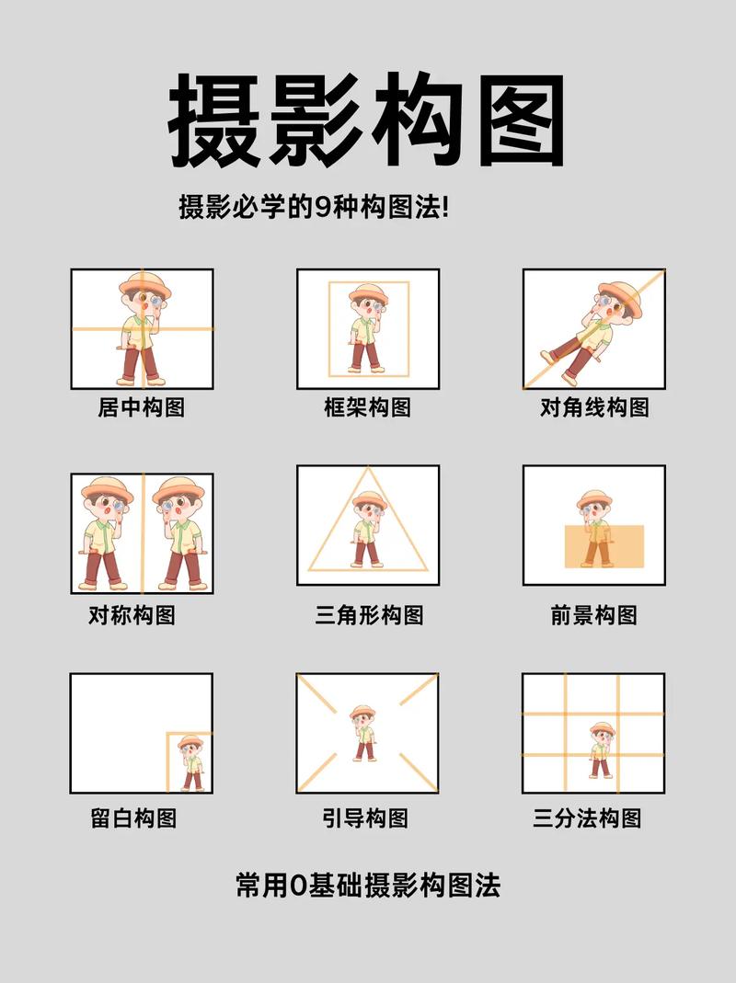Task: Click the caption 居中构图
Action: click(141, 406)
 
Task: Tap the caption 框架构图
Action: click(367, 406)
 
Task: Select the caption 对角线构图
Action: click(594, 406)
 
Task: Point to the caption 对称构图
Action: click(132, 614)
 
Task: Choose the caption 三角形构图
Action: click(369, 614)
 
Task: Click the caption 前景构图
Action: click(593, 614)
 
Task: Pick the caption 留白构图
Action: click(133, 817)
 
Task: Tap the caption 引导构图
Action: click(365, 817)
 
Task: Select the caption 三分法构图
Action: click(587, 817)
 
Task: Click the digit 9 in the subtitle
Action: click(322, 207)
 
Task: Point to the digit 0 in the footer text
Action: click(296, 886)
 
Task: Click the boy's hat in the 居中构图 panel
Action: click(144, 282)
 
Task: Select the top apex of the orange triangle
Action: click(368, 468)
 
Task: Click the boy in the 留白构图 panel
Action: click(191, 762)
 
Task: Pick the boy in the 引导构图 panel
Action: click(363, 732)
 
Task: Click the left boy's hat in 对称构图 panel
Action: click(107, 488)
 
